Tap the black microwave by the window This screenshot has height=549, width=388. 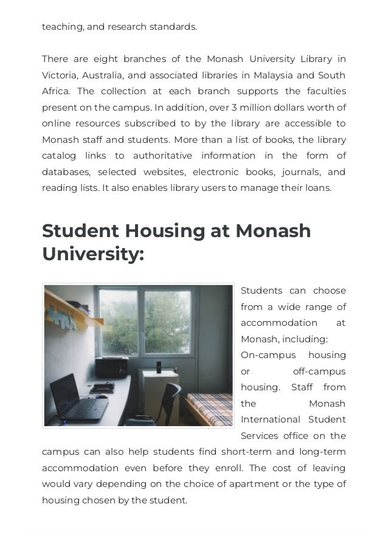112,367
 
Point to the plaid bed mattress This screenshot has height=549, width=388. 210,408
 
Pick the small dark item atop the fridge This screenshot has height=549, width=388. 159,367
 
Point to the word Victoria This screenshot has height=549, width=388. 59,75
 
